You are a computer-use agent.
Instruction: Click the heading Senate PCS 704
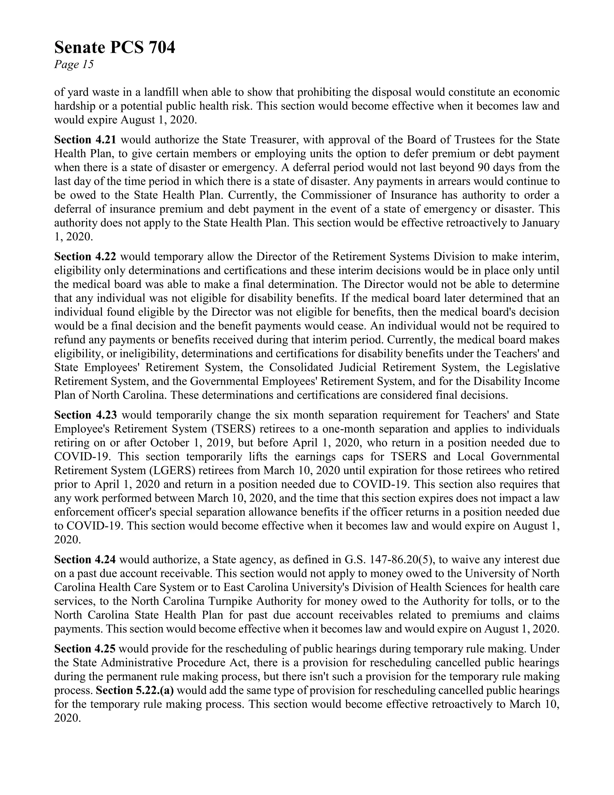pyautogui.click(x=115, y=48)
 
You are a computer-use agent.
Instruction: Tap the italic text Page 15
pyautogui.click(x=74, y=65)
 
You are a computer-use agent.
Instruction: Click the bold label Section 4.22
pyautogui.click(x=85, y=257)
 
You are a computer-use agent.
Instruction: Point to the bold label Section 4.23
pyautogui.click(x=85, y=415)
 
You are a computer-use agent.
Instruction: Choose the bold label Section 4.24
pyautogui.click(x=85, y=560)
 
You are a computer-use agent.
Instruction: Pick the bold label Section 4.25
pyautogui.click(x=85, y=649)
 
